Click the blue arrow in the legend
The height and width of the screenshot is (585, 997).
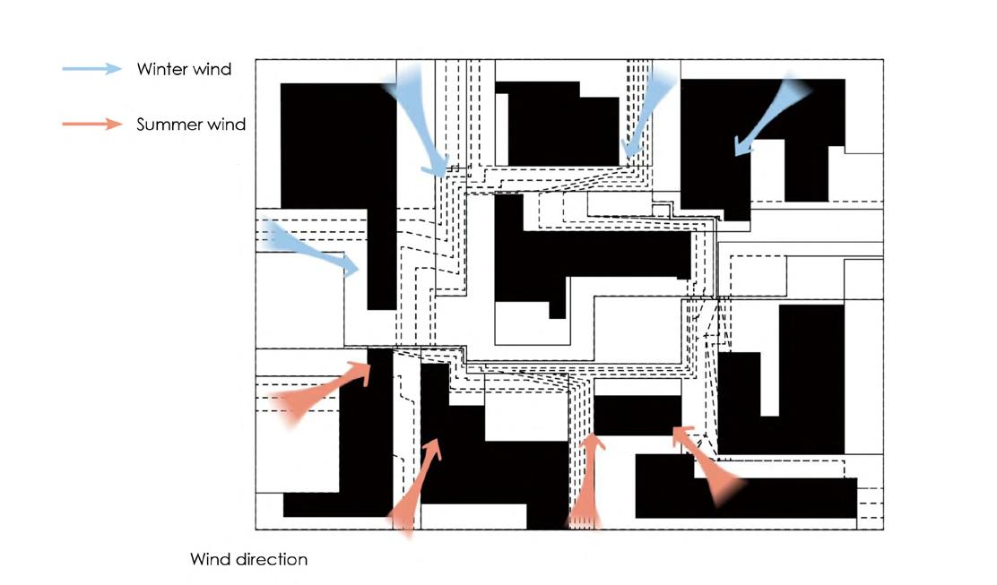[91, 69]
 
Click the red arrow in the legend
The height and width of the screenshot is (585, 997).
[91, 124]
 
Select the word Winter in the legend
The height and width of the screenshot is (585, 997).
[161, 69]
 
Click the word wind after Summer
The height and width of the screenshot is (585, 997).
[226, 125]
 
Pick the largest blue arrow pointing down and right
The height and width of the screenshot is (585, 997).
[418, 121]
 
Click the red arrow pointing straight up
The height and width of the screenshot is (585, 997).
[587, 484]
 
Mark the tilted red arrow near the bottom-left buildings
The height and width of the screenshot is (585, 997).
[418, 484]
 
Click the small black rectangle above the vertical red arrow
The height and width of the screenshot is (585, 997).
[637, 415]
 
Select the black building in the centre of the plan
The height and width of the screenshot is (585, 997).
[592, 255]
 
